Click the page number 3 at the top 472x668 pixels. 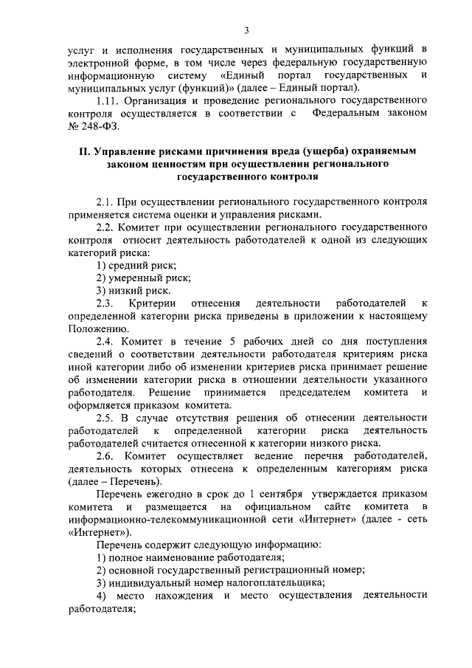pyautogui.click(x=246, y=30)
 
